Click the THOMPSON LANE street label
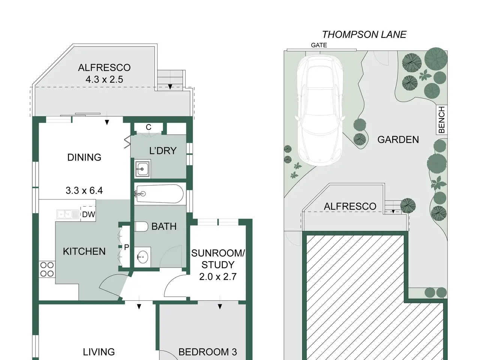364,34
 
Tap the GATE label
319,45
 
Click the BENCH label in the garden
442,120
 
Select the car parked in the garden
320,110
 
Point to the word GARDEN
398,139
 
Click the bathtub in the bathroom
159,193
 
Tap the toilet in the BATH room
141,226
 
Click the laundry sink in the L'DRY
142,169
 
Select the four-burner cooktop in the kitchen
47,270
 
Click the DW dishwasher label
88,214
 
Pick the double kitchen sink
68,214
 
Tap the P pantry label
126,247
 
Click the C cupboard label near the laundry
148,127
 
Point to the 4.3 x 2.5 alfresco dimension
104,79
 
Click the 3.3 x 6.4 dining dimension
84,190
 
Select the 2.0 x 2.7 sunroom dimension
218,277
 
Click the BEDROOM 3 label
207,352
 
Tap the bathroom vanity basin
142,257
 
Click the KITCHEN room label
84,251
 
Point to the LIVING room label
99,352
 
